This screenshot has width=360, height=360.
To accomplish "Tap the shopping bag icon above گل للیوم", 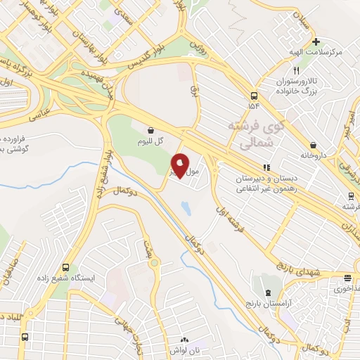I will coord(151,129).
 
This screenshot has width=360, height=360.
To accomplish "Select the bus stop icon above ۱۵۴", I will coord(254,95).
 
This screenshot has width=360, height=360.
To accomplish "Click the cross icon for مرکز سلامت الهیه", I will coord(316,41).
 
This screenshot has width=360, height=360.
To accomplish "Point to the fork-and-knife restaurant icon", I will coord(296,71).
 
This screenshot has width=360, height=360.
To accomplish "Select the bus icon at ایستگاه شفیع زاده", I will coord(65,267).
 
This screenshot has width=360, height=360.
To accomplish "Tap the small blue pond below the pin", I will coord(185,208).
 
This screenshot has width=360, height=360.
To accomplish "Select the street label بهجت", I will coord(158,249).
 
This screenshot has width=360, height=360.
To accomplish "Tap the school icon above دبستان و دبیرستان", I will coord(266,167).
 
